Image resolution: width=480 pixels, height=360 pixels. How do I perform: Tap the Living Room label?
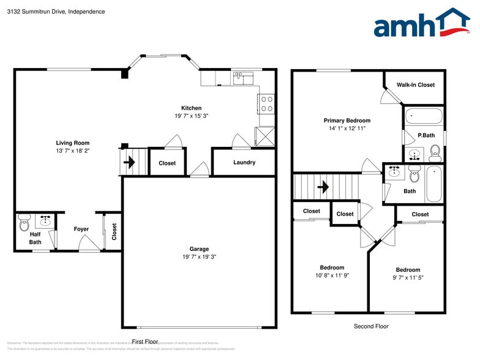[x=73, y=143]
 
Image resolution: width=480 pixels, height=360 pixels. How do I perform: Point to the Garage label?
[x=199, y=249]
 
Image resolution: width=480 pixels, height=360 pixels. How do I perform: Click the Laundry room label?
[x=244, y=162]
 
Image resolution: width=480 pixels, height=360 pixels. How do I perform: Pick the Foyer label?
[x=81, y=230]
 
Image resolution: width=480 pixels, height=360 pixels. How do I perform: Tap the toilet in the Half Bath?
[x=24, y=219]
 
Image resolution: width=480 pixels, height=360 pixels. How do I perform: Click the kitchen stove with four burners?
[x=267, y=103]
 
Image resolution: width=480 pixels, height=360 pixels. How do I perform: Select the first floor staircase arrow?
[x=129, y=162]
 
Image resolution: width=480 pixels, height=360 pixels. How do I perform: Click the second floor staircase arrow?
[x=323, y=186]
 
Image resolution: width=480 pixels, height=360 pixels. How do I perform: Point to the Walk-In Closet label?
[x=415, y=85]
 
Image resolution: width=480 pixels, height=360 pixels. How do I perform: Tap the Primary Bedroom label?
[x=347, y=121]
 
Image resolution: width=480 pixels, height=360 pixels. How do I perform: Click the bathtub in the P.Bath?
[x=424, y=116]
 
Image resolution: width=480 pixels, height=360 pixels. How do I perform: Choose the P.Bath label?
[x=426, y=135]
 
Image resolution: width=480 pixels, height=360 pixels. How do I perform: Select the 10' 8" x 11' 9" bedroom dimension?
[x=332, y=276]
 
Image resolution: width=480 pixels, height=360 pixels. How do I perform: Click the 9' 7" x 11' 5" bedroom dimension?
[x=408, y=277]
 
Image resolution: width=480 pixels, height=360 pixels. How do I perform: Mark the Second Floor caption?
[x=371, y=326]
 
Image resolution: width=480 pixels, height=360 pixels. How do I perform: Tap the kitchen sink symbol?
[x=242, y=78]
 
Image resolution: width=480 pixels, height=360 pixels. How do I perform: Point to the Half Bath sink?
[x=45, y=219]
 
